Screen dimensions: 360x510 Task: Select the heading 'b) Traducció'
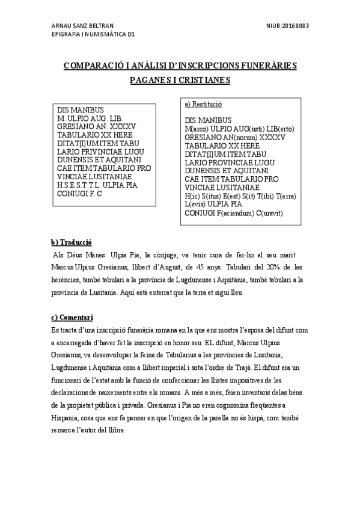[x=70, y=242]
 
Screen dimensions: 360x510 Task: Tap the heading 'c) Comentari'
[x=72, y=317]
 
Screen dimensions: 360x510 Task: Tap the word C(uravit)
[x=273, y=213]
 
